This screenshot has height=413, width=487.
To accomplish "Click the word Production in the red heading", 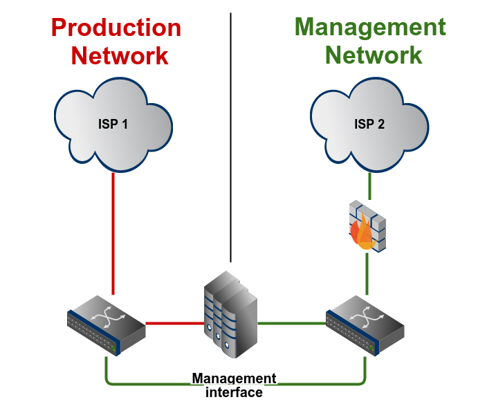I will point(116,28).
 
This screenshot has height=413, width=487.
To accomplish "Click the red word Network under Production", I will point(120,55).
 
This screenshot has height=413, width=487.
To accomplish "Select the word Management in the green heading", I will point(370,28).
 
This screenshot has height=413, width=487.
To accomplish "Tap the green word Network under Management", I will point(374,55).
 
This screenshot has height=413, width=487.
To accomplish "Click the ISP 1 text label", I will point(113,125).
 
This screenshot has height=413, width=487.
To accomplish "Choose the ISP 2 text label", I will point(369,125).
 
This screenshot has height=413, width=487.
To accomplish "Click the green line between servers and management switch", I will point(291,322).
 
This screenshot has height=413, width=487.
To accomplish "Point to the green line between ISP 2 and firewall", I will point(369,185).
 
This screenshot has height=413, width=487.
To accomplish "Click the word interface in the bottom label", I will point(235,393).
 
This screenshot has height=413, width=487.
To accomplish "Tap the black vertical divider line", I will point(230,138).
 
